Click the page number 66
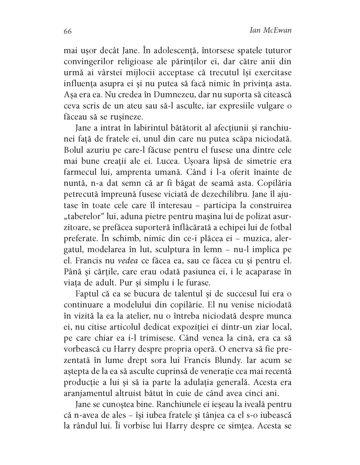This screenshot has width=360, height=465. coord(68,31)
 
